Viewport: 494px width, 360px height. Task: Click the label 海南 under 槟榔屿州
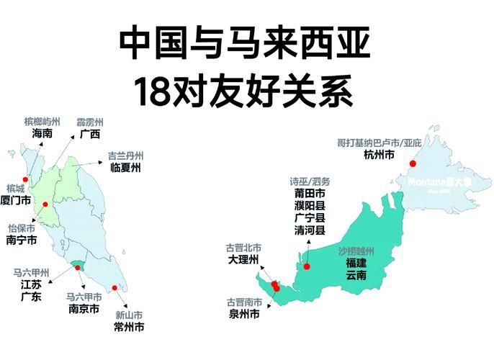42,134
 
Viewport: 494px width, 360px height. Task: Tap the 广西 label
90,134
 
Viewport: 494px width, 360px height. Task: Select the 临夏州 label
125,168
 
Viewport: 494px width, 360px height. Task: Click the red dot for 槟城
25,179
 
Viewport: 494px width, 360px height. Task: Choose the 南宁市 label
21,242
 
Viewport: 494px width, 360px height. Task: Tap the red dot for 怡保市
45,204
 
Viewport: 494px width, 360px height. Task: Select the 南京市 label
84,308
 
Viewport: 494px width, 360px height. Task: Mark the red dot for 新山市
114,288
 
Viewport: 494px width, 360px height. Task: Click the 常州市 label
130,328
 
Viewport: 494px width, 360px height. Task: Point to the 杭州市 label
379,155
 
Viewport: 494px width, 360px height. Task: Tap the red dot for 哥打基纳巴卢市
413,164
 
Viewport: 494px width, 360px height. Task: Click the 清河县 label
310,231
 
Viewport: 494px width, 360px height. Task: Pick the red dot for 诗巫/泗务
307,266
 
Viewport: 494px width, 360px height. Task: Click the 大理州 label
243,260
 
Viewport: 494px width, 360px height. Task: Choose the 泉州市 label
244,314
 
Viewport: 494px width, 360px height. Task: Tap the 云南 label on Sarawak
356,276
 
